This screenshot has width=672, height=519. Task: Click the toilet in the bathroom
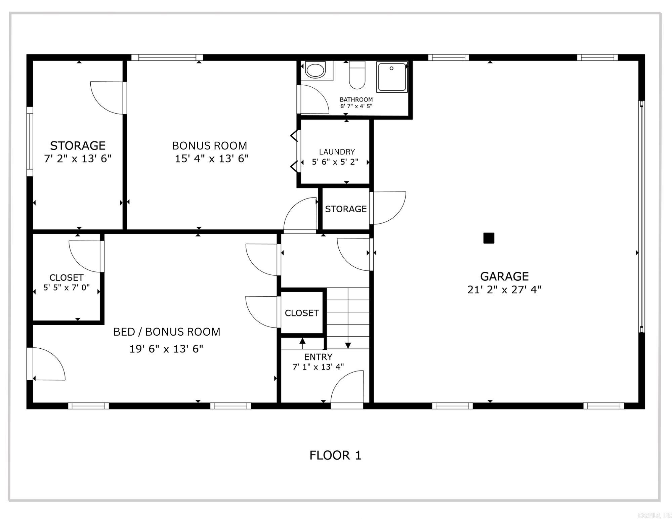[357, 75]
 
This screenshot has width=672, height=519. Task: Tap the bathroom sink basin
[316, 70]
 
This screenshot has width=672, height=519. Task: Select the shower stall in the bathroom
[392, 77]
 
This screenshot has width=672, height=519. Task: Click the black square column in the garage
[489, 238]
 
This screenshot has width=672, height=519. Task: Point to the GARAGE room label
[504, 276]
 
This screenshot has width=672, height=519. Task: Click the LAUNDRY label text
[337, 152]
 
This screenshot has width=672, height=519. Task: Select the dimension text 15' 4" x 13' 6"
[212, 159]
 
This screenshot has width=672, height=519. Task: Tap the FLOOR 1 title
[335, 456]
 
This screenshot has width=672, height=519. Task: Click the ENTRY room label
[318, 357]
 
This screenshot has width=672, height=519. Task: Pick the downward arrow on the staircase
[348, 345]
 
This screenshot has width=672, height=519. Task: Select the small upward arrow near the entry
[302, 341]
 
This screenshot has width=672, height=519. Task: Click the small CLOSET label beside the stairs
[302, 313]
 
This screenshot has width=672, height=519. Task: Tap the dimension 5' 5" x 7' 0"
[67, 288]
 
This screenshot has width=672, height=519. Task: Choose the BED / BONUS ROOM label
[167, 332]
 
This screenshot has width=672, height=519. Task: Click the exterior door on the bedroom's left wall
[47, 364]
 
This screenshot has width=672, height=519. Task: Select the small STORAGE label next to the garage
[346, 209]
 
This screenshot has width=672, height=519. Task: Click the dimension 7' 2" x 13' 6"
[78, 159]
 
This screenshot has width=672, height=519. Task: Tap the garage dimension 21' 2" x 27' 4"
[504, 290]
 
